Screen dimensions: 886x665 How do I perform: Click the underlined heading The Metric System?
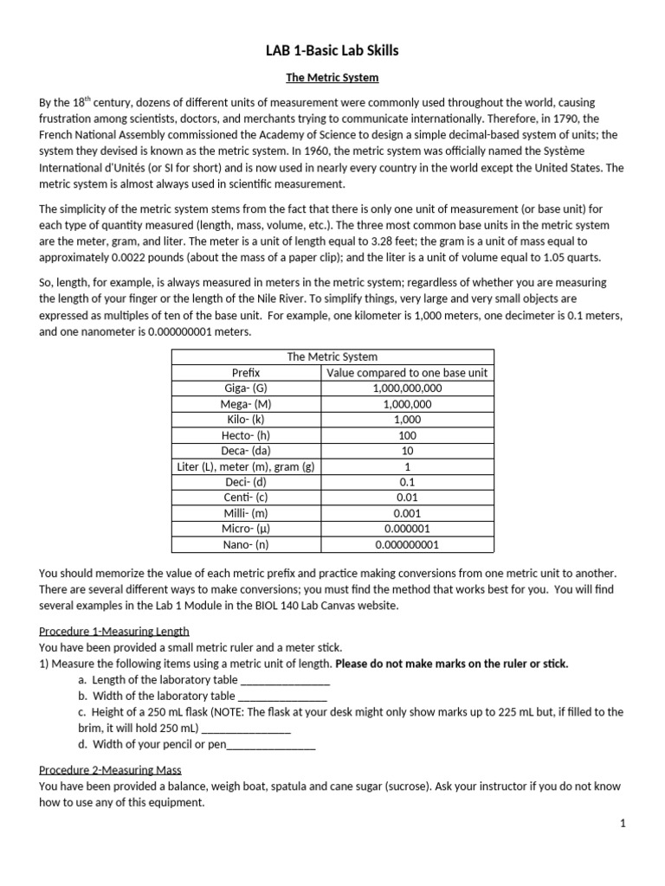click(332, 78)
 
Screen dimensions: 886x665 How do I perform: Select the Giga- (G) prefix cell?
click(246, 388)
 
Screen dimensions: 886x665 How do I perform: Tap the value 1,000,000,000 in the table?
click(407, 388)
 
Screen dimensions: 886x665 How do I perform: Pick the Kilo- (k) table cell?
click(246, 420)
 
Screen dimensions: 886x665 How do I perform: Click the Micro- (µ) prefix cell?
click(246, 529)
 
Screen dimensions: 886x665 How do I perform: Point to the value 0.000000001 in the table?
click(407, 545)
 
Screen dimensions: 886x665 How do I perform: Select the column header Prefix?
click(246, 373)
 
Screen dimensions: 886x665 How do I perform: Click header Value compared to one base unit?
click(407, 373)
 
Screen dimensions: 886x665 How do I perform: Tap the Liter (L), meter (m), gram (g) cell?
click(246, 466)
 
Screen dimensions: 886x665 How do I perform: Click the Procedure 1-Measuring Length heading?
click(114, 631)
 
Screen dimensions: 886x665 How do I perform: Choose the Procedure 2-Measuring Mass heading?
click(110, 770)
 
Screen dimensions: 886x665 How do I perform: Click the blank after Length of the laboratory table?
click(278, 680)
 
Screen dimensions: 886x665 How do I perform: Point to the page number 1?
click(622, 825)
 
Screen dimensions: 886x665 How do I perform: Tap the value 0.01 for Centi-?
click(407, 498)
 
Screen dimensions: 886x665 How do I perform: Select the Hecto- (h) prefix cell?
click(246, 435)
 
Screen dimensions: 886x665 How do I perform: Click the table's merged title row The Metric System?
click(332, 356)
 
